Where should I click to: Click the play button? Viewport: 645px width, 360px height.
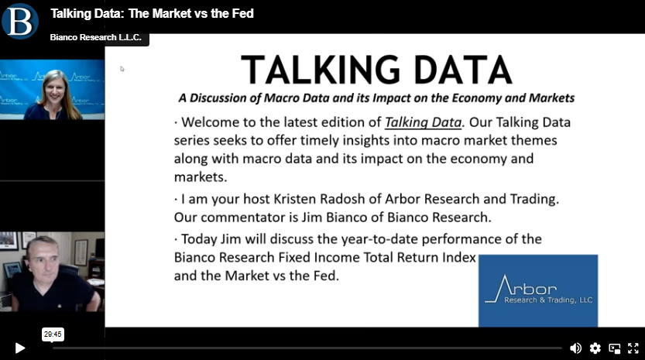tap(20, 348)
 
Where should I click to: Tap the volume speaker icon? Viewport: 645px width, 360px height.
tap(575, 348)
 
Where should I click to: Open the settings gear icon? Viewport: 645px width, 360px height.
tap(595, 348)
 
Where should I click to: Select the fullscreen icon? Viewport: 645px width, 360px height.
tap(633, 348)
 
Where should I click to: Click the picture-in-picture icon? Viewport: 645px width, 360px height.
tap(615, 348)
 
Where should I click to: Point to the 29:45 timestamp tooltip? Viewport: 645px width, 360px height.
tap(53, 334)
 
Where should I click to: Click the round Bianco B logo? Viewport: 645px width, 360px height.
tap(20, 21)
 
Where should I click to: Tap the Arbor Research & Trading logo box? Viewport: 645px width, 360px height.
tap(538, 290)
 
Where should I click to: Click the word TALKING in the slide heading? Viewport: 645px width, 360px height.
tap(321, 70)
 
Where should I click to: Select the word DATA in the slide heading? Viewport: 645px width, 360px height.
tap(463, 70)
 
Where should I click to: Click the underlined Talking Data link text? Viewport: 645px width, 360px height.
tap(423, 122)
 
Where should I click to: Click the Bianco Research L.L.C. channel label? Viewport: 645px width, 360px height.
tap(96, 37)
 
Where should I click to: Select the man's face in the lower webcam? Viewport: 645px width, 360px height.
tap(45, 262)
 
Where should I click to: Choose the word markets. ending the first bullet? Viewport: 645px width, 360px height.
tap(201, 177)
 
